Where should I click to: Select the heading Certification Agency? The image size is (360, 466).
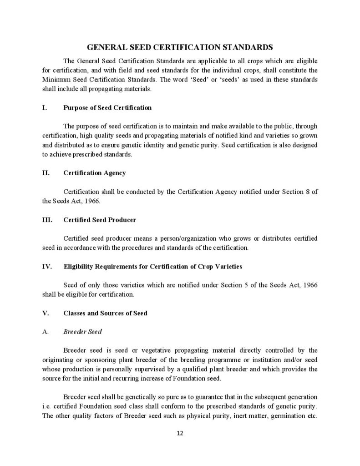coord(95,173)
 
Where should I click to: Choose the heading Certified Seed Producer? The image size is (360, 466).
coord(100,220)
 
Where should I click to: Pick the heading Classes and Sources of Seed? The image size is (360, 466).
coord(105,313)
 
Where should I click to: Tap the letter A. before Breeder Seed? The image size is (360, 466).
coord(45,332)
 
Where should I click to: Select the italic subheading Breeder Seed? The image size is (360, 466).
coord(82,332)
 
